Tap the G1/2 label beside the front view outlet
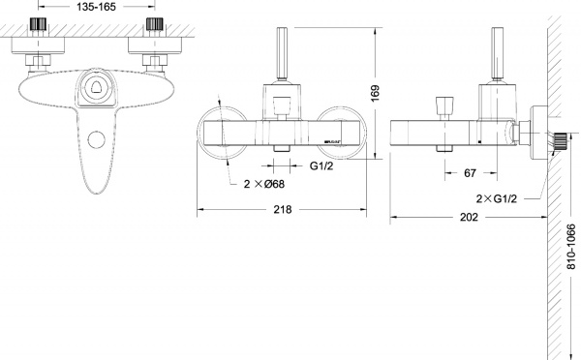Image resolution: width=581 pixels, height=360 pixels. [323, 166]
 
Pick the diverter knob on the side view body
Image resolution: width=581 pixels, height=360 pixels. [447, 104]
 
